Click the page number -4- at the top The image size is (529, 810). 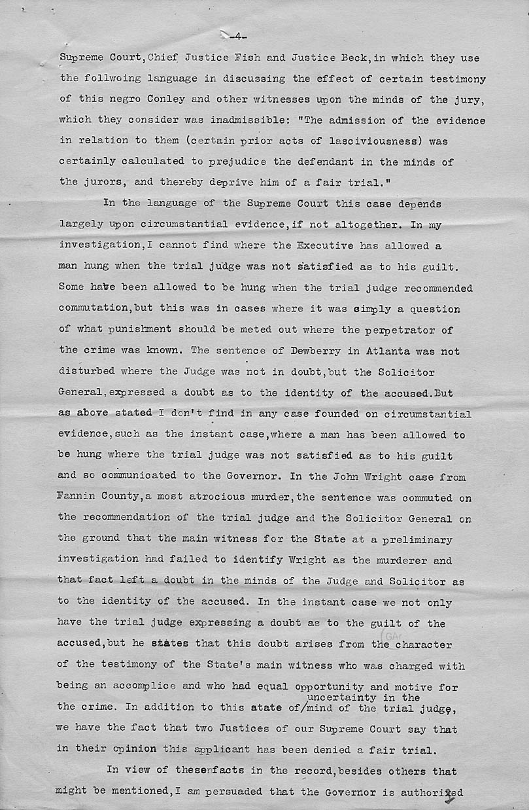(237, 37)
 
